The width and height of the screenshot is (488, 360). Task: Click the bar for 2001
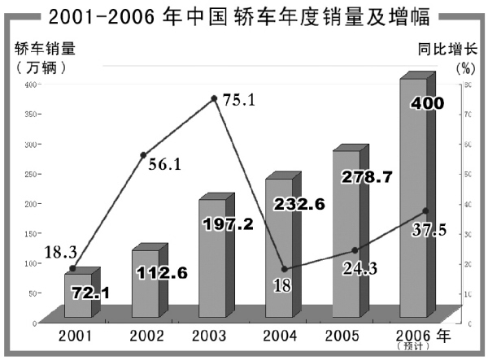click(79, 296)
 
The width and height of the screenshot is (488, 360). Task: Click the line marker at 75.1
click(214, 98)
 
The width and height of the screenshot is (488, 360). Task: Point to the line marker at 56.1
click(143, 154)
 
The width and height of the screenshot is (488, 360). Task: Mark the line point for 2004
click(284, 269)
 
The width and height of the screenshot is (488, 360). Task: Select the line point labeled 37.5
click(425, 210)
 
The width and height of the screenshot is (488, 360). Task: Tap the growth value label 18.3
click(38, 255)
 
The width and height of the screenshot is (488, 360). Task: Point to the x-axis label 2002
click(146, 335)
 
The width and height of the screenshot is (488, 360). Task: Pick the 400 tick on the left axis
click(30, 85)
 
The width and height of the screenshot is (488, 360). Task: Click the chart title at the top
click(243, 15)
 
